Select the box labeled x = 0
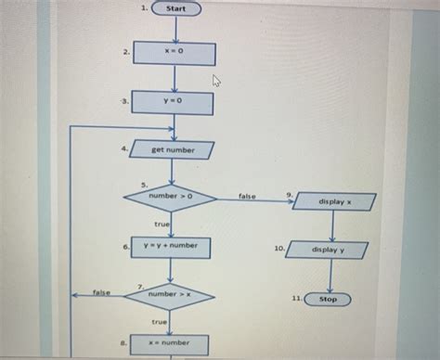(175, 53)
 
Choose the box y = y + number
(171, 247)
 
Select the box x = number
(170, 343)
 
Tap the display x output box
(334, 201)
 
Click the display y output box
(328, 251)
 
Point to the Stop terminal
(328, 300)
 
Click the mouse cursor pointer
(217, 82)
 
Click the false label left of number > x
(101, 292)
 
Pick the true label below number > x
(159, 321)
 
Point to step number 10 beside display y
(278, 249)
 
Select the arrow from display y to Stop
(330, 276)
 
